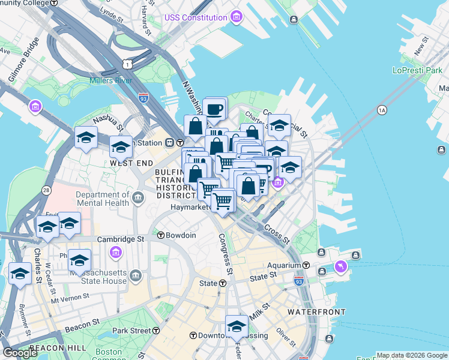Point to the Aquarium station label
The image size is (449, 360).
284,265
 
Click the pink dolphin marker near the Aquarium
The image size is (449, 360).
341,266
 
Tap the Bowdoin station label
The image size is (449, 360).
181,235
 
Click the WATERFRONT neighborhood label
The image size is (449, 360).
316,312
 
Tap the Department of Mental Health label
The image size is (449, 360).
103,199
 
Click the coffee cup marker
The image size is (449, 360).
214,109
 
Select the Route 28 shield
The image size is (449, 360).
46,190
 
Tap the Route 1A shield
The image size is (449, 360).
382,110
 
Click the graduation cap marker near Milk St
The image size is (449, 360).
237,327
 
